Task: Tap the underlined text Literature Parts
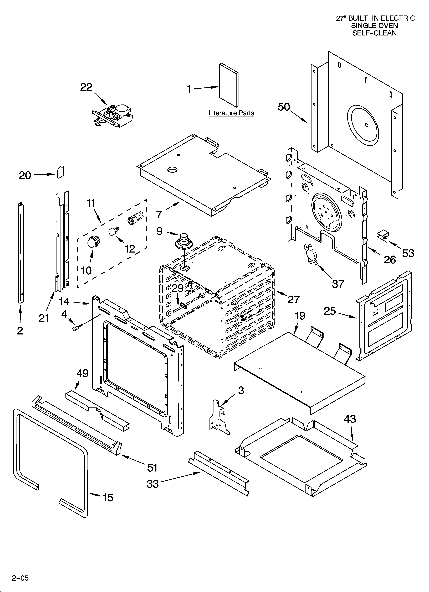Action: coord(231,113)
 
